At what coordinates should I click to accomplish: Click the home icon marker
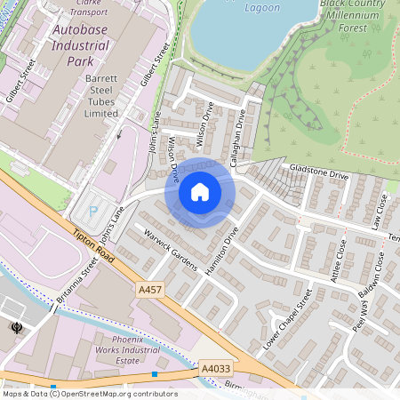200,191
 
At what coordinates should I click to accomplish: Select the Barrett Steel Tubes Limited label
101,96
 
